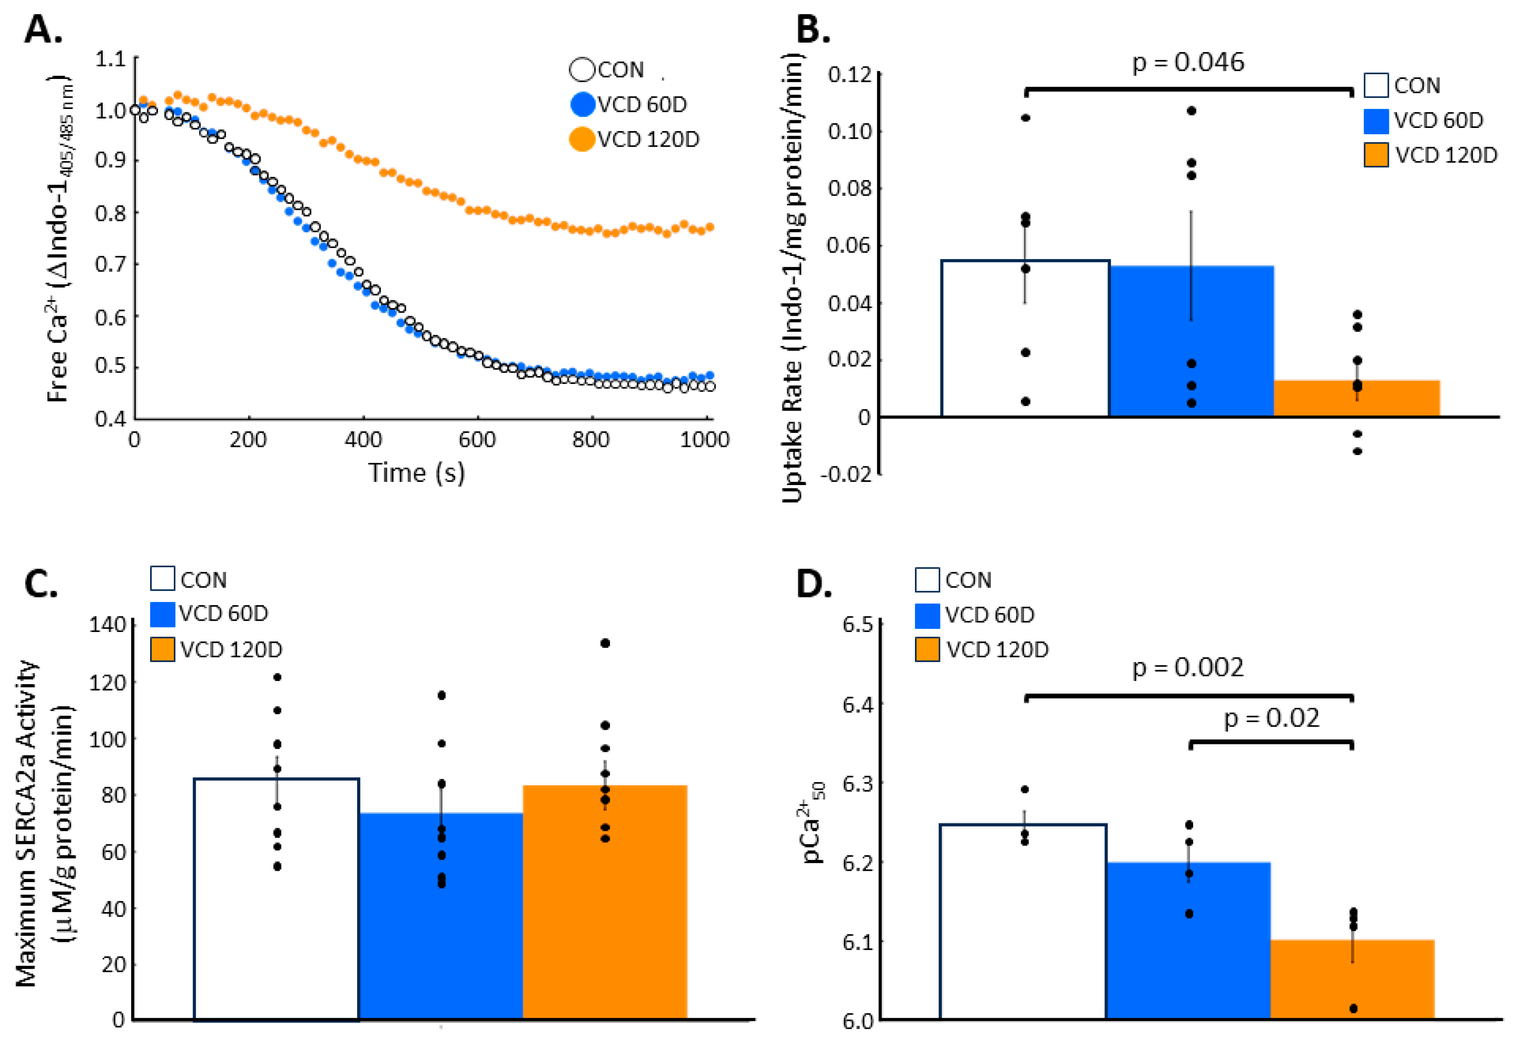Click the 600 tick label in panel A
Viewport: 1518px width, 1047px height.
(x=477, y=439)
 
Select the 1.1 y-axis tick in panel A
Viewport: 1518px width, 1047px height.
(x=110, y=59)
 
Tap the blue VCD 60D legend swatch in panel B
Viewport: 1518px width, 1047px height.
(x=1376, y=121)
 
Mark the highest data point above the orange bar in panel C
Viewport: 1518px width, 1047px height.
(x=605, y=643)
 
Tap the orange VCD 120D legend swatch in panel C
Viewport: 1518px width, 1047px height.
(x=162, y=650)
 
